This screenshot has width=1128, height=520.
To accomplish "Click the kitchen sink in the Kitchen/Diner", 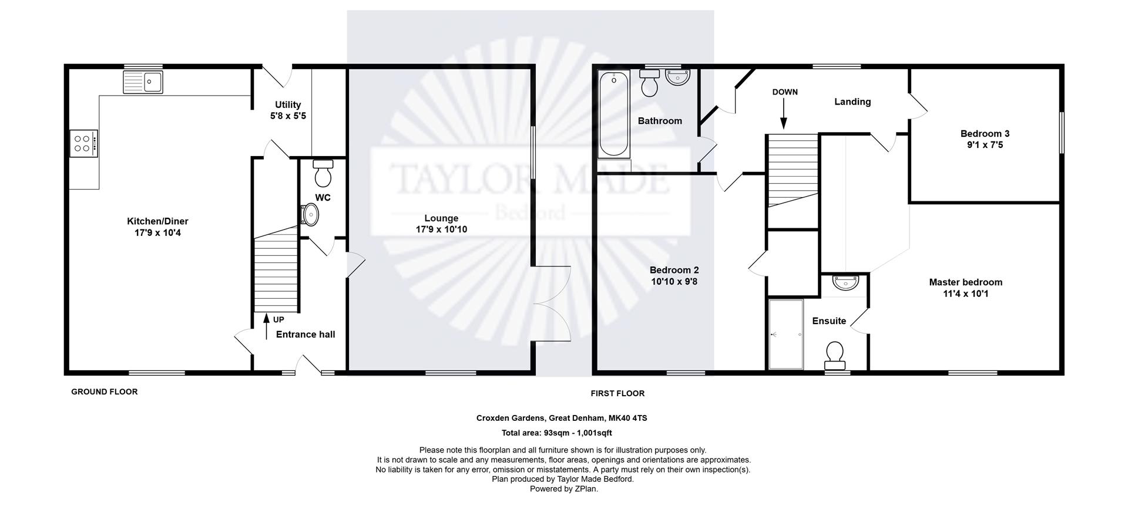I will tap(143, 82).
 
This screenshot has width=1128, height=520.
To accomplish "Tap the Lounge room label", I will tap(441, 218).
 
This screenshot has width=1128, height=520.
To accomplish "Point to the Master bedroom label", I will tap(965, 282).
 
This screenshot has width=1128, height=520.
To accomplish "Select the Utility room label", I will tap(288, 105).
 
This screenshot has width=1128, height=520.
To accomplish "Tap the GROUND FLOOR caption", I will tap(105, 391).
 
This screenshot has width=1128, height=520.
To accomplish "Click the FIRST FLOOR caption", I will tap(617, 393).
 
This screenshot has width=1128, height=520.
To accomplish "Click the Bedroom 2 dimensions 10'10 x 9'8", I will tap(674, 282).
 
